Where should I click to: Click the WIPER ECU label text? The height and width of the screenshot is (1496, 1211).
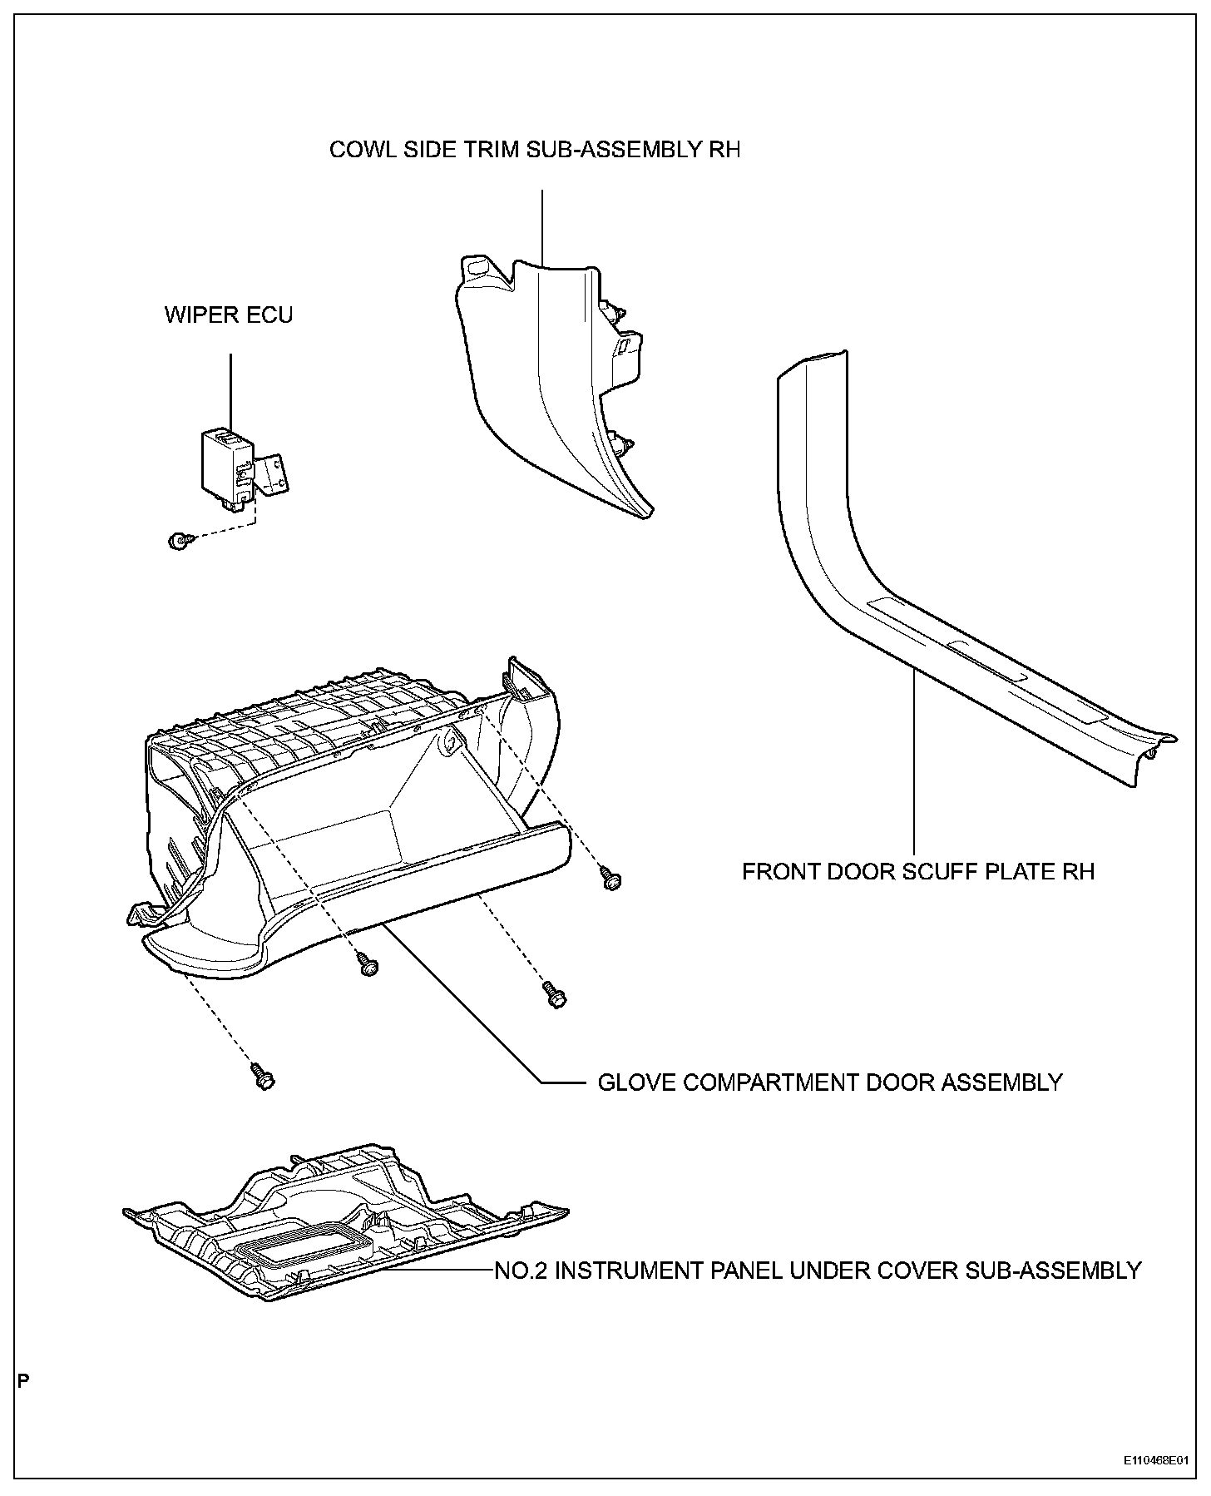[229, 315]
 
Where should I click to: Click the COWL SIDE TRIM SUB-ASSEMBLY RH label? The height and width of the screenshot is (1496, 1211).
[535, 150]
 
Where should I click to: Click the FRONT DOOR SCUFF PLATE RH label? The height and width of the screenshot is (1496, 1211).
[918, 872]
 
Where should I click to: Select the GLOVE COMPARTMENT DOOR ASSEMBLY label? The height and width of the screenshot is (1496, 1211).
[830, 1082]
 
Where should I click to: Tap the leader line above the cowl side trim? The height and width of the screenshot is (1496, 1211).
[542, 225]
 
